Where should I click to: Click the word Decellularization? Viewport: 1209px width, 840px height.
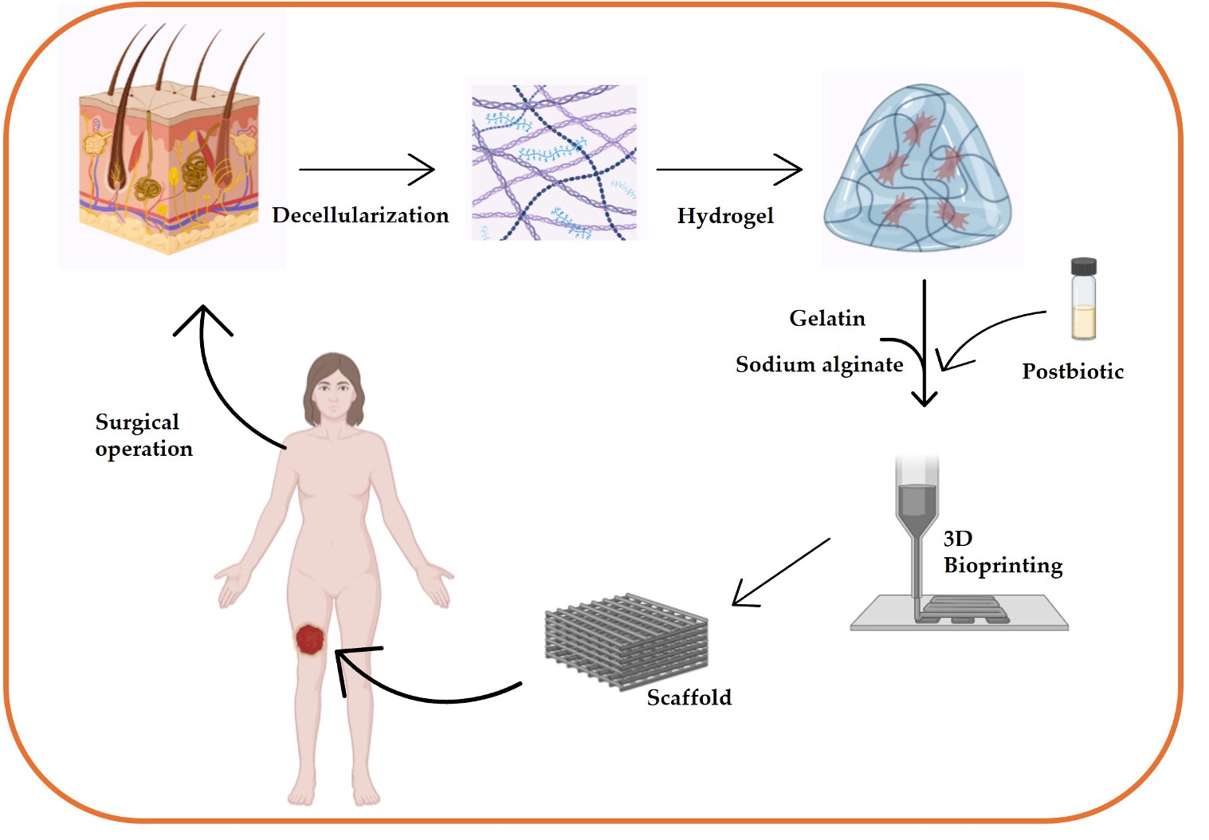360,215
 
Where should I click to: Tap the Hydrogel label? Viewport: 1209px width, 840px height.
725,216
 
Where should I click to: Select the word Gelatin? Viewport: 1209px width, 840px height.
827,318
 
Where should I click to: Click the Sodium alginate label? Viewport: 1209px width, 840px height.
819,365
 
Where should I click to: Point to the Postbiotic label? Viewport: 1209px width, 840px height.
1073,371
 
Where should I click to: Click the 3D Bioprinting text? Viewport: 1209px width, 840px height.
1002,552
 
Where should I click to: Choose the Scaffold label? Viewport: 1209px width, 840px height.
689,697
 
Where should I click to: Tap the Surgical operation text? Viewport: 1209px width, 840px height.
143,435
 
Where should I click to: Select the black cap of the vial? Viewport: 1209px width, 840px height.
1083,266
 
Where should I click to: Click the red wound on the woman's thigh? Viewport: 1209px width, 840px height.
309,639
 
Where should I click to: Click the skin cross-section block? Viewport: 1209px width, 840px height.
169,171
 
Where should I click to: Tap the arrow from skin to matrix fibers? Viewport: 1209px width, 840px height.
367,169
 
